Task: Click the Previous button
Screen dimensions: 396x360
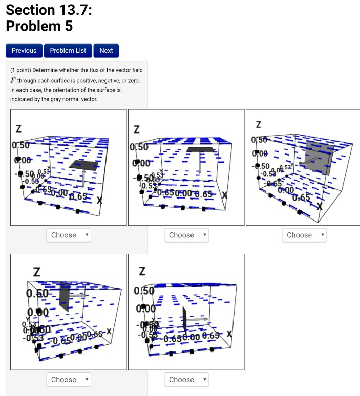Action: click(24, 51)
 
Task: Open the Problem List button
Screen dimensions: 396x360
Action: click(68, 51)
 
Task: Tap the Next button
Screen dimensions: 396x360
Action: click(106, 51)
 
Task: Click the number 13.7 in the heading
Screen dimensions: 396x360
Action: click(70, 10)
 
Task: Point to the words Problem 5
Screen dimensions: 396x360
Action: click(39, 26)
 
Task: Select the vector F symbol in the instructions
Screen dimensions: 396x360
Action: click(13, 80)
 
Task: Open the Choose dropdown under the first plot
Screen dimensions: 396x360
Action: click(69, 235)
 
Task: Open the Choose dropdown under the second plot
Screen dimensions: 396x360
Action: click(186, 235)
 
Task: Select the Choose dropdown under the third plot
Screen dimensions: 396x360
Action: click(304, 235)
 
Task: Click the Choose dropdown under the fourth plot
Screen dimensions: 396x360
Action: click(69, 380)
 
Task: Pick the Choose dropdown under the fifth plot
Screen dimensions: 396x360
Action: click(186, 380)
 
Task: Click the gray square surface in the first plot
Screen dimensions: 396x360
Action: click(82, 165)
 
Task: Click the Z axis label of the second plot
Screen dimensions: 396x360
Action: click(136, 130)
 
